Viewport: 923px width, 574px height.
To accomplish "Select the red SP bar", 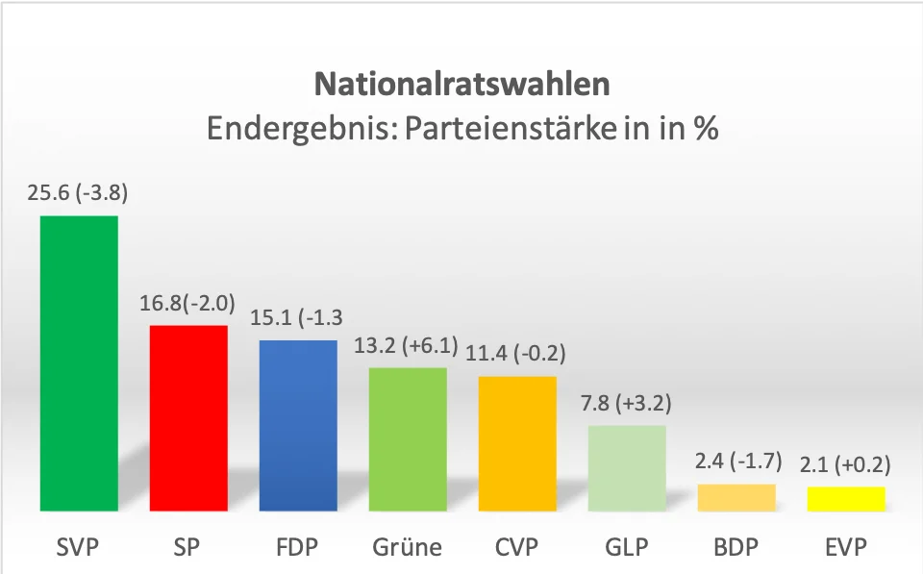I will point(188,418).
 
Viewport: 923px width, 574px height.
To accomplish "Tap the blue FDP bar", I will point(298,425).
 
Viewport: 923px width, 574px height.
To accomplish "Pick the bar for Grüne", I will point(408,438).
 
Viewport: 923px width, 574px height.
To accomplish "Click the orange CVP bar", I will point(517,443).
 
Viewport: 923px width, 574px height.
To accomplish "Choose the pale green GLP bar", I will point(627,467).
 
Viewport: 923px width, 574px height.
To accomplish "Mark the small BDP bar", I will point(736,497).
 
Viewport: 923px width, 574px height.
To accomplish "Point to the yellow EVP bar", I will point(846,498).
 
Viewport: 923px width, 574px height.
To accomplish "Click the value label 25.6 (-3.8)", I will point(78,192).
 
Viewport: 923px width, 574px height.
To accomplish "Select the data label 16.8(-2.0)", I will point(188,305).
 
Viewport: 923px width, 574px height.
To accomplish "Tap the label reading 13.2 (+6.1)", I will point(408,346).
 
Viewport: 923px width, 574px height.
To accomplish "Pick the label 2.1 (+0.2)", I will point(846,465).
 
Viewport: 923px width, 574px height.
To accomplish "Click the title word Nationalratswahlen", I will point(461,85).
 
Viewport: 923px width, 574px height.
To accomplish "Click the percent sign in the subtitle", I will point(706,129).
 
